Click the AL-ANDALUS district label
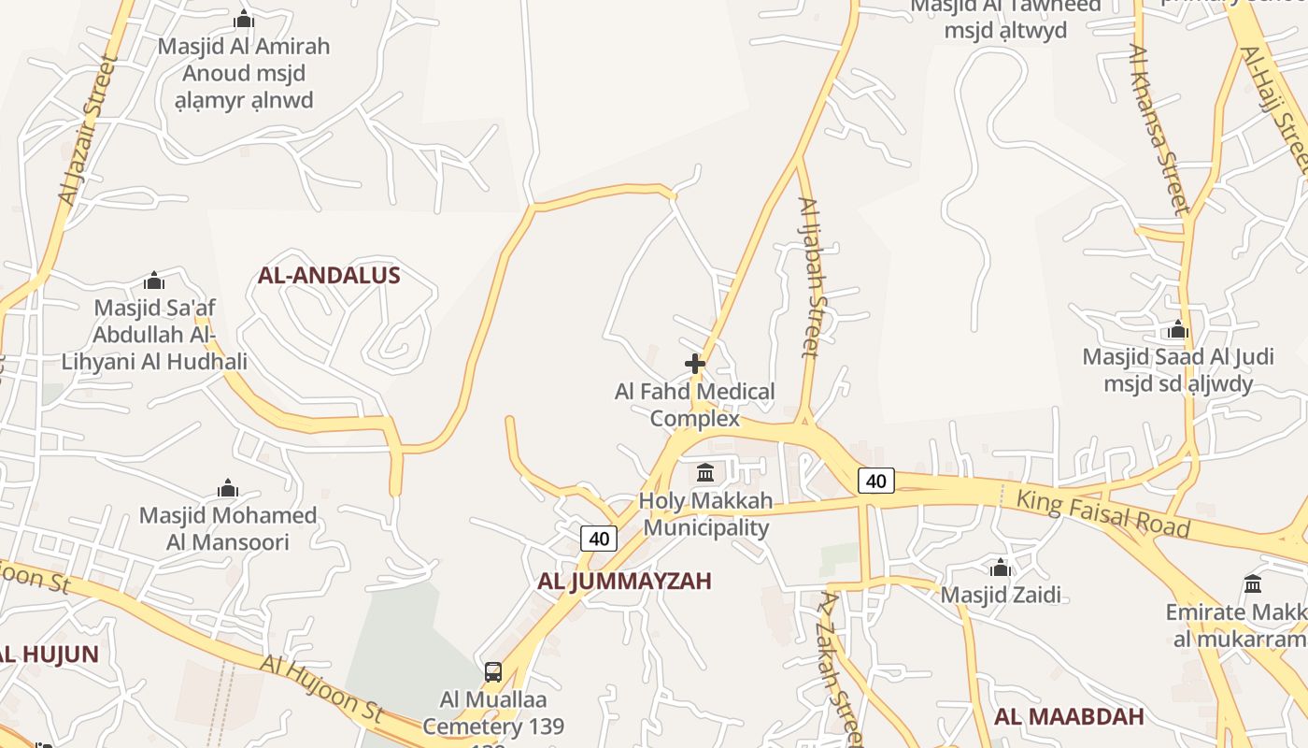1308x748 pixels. pos(329,275)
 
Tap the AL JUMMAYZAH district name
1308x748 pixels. pos(624,581)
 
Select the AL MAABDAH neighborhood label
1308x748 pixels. pos(1069,717)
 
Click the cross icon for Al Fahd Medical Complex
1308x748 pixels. pos(695,363)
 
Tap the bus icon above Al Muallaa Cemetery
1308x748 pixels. pos(493,671)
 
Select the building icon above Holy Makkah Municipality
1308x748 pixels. pos(705,472)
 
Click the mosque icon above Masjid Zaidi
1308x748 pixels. pos(1001,568)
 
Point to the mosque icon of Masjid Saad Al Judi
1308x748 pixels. pos(1177,329)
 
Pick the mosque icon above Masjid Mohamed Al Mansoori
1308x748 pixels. pos(228,488)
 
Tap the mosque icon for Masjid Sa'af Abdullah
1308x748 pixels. pos(154,280)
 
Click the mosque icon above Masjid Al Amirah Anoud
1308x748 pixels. pos(244,19)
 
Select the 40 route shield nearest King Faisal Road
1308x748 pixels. pos(875,481)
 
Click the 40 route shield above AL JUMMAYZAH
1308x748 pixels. pos(599,538)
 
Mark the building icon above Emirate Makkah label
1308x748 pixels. pos(1253,584)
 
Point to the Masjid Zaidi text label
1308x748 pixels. pos(1001,595)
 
